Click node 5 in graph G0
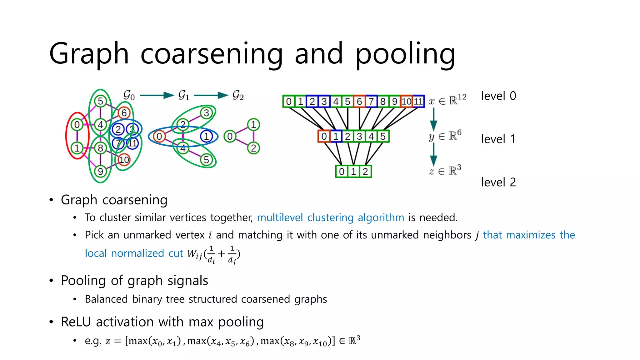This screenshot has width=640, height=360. [100, 101]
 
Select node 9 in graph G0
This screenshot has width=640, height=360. [100, 171]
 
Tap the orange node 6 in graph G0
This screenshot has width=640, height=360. [124, 113]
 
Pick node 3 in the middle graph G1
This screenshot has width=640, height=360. [206, 113]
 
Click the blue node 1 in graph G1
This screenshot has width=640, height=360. [206, 136]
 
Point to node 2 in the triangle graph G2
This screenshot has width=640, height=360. [253, 148]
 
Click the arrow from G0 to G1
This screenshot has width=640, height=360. [157, 95]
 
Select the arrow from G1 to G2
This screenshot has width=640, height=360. [211, 95]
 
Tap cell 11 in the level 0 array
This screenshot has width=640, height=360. [418, 101]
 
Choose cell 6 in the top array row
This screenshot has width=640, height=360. [359, 101]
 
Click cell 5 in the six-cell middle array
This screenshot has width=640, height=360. [383, 136]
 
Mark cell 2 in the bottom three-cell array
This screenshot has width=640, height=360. [365, 172]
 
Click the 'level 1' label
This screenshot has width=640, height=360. [498, 139]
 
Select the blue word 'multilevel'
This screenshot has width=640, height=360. [280, 217]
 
